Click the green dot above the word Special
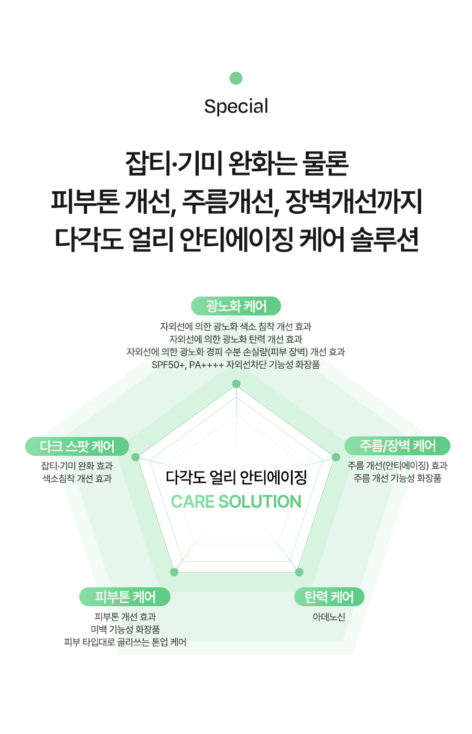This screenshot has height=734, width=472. pyautogui.click(x=236, y=78)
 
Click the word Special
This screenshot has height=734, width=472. pyautogui.click(x=236, y=106)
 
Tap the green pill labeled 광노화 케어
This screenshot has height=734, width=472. pyautogui.click(x=236, y=306)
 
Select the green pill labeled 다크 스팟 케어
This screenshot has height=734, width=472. pyautogui.click(x=77, y=446)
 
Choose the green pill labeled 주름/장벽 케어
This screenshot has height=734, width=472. pyautogui.click(x=398, y=446)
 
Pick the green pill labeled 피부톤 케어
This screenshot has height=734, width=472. pyautogui.click(x=125, y=597)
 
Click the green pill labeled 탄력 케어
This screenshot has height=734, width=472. pyautogui.click(x=329, y=597)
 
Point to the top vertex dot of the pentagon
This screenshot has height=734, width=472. pyautogui.click(x=236, y=384)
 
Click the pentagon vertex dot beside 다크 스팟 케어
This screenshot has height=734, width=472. pyautogui.click(x=136, y=457)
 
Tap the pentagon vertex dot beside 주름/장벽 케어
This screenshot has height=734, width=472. pyautogui.click(x=336, y=457)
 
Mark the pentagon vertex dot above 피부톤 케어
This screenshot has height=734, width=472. pyautogui.click(x=175, y=572)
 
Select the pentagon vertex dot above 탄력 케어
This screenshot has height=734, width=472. pyautogui.click(x=299, y=572)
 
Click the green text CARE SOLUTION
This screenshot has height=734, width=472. pyautogui.click(x=236, y=502)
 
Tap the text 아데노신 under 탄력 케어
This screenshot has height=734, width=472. pyautogui.click(x=329, y=617)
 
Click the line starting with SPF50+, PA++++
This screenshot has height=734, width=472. pyautogui.click(x=236, y=365)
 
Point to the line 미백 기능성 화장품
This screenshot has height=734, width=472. pyautogui.click(x=125, y=629)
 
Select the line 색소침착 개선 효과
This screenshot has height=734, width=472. pyautogui.click(x=77, y=478)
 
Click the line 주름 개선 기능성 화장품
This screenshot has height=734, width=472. pyautogui.click(x=398, y=478)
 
